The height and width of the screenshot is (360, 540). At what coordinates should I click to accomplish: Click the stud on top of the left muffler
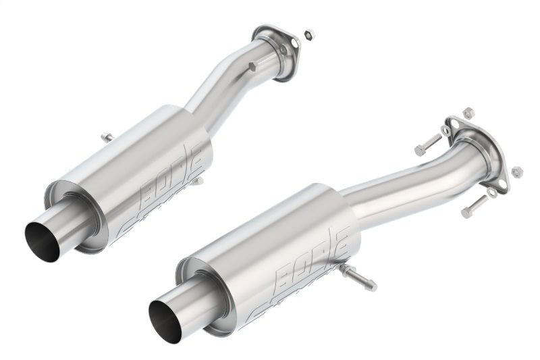point(107,138)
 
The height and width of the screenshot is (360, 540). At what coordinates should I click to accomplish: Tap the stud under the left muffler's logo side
point(198,180)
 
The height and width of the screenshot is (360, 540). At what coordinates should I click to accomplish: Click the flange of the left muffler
point(277,50)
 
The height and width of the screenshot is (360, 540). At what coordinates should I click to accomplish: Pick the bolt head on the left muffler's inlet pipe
point(252,66)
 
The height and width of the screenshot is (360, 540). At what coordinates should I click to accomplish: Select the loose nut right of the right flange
point(517,172)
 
